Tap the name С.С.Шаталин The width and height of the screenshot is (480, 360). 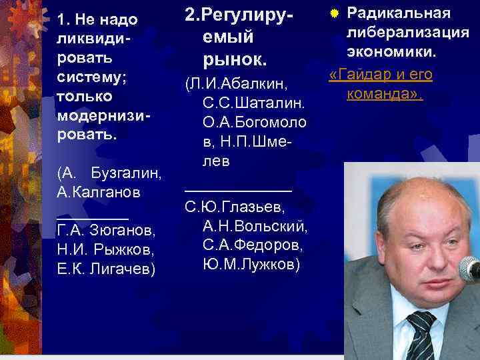pos(253,104)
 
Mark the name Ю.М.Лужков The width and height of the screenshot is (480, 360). pos(253,265)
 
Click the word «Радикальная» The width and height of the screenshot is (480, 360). pos(399,13)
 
